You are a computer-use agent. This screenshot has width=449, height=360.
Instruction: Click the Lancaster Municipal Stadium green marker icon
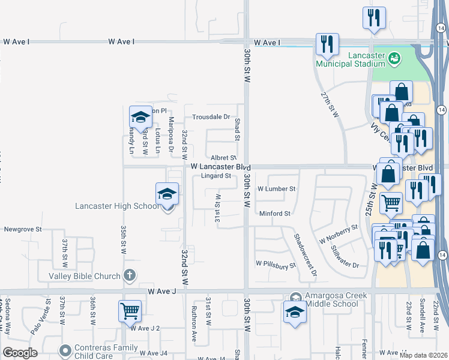coord(394,58)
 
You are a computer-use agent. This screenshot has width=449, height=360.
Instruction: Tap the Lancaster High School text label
coord(117,206)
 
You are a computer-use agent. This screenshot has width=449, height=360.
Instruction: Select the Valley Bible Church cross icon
coord(128,275)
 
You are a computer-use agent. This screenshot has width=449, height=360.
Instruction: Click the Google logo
coord(20,353)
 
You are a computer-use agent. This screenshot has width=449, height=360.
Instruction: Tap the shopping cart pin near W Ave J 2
coord(130,311)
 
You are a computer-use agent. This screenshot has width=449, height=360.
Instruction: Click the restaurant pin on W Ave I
coord(327,44)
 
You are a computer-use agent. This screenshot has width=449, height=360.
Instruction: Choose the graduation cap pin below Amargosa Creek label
coord(294,312)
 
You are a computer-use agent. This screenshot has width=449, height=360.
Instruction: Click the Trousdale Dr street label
coord(211,117)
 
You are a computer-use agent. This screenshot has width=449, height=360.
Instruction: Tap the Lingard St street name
coord(216,176)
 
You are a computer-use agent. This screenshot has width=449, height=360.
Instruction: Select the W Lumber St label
coord(276,188)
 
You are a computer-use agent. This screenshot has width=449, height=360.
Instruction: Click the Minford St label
coord(274,214)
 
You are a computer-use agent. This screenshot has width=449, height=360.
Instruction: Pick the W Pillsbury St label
coord(276,263)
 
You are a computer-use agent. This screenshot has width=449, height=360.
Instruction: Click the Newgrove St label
coord(23,229)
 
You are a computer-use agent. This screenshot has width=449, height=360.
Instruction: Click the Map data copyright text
coord(423,355)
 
